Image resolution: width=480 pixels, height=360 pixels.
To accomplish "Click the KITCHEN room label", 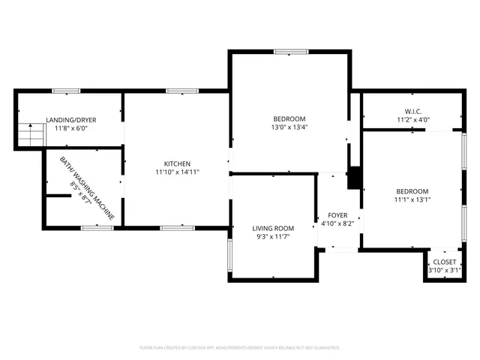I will coord(177,163).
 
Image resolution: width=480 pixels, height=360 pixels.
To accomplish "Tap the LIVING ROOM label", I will coord(272,228).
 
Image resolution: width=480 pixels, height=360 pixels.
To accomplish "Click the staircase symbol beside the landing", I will coord(31,136).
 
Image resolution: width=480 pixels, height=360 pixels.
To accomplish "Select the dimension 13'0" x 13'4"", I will coord(289,127).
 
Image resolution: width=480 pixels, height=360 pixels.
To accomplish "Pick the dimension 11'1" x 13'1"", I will coord(412,200).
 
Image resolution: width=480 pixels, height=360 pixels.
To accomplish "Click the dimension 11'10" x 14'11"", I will coord(177,172).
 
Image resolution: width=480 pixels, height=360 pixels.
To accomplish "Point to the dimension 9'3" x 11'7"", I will coord(272,237).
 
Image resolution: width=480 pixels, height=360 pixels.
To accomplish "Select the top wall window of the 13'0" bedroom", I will coord(290,52).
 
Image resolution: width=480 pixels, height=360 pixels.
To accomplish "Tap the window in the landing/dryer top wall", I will coord(66,91).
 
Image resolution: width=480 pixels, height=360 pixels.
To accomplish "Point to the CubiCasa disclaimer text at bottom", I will coord(240,348).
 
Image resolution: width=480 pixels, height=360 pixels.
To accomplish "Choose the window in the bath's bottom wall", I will coord(97,227).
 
